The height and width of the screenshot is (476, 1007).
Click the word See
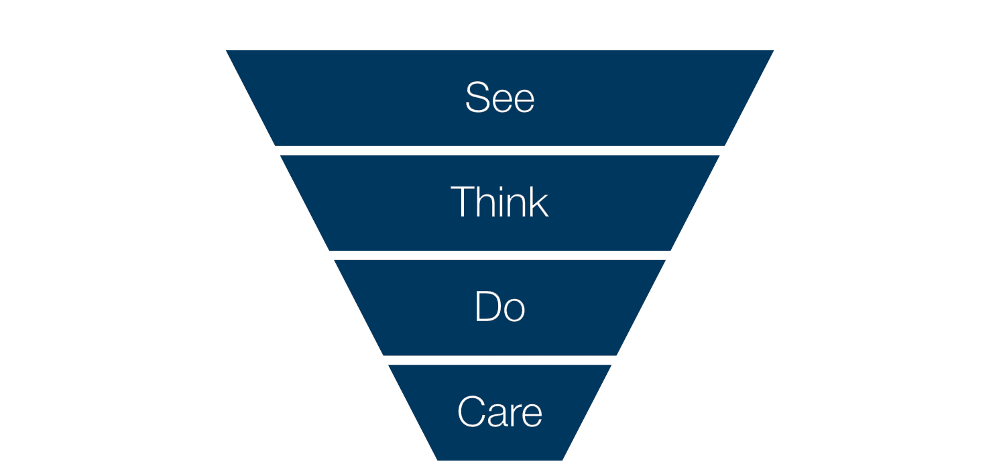[x=499, y=97]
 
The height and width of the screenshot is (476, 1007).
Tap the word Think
[x=499, y=202]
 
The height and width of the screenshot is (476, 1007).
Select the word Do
[x=499, y=306]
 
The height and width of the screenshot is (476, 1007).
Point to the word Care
[x=499, y=411]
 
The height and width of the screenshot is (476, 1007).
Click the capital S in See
[x=477, y=97]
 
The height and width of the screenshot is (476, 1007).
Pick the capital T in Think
[x=463, y=202]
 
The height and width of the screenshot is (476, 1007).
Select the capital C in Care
[x=471, y=411]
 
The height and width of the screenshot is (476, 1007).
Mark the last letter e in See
[x=524, y=101]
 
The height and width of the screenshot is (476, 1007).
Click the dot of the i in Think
[x=500, y=188]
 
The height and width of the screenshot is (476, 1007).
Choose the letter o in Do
[x=514, y=310]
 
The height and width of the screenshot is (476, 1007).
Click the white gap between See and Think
[x=499, y=151]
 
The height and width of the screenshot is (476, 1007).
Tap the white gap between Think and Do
[x=499, y=255]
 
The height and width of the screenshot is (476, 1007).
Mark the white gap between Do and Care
[x=499, y=360]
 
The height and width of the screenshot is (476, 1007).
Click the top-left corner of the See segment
[x=226, y=50]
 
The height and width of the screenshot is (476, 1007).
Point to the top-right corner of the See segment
[x=774, y=50]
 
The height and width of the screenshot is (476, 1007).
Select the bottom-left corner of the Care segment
[x=437, y=461]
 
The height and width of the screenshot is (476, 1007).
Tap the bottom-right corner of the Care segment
[x=562, y=461]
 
